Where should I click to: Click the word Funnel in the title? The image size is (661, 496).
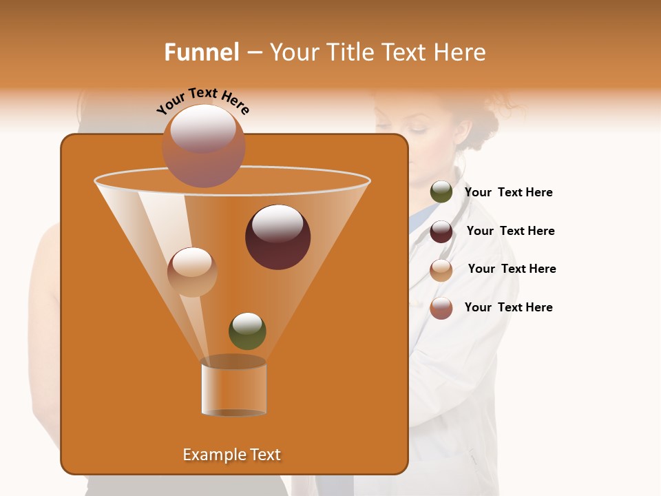[x=201, y=52]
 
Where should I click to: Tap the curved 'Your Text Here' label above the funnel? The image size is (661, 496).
[x=203, y=101]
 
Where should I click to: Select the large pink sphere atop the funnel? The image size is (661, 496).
[x=203, y=146]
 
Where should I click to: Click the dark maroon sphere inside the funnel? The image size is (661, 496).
[x=277, y=237]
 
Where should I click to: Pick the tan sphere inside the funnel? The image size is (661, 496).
[x=192, y=272]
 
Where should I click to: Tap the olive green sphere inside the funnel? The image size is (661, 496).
[x=247, y=331]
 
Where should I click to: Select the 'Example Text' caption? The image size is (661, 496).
[x=232, y=455]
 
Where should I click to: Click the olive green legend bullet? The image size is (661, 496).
[x=441, y=192]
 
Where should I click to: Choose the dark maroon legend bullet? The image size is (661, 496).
[x=441, y=231]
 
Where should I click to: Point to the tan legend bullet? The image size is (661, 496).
[x=441, y=269]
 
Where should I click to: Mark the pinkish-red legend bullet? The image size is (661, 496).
[x=441, y=308]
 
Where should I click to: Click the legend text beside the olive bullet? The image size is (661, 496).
[x=508, y=192]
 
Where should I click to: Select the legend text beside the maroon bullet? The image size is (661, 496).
[x=510, y=231]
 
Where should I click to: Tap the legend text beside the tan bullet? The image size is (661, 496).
[x=512, y=269]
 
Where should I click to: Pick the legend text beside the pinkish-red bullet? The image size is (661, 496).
[x=508, y=307]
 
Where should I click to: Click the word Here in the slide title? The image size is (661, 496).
[x=462, y=52]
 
